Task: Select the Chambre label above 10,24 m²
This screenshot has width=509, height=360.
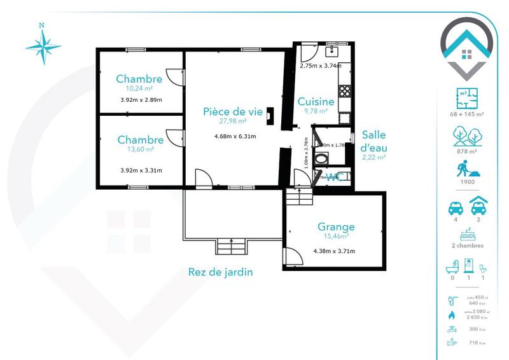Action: click(x=139, y=79)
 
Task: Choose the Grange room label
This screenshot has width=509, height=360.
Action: click(x=336, y=226)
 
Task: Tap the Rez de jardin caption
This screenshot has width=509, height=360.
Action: click(x=221, y=272)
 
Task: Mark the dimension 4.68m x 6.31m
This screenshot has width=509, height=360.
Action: click(x=235, y=135)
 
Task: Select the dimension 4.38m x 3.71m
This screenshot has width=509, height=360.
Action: click(x=334, y=251)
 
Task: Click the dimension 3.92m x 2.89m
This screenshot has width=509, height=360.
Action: click(x=141, y=100)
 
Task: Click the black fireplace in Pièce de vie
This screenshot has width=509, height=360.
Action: click(x=270, y=115)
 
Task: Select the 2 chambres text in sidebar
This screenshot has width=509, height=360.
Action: click(x=468, y=246)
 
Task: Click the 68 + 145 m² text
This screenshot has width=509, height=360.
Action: click(x=468, y=114)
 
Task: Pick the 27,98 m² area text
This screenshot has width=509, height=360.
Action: click(x=232, y=120)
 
